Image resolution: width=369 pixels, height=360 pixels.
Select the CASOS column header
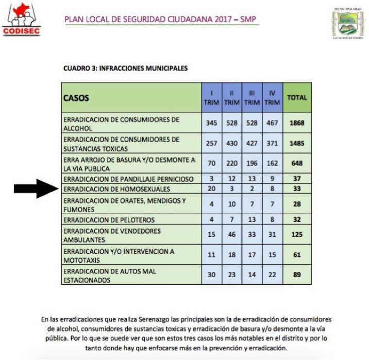pos(76,97)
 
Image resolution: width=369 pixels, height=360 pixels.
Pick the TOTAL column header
pos(297,97)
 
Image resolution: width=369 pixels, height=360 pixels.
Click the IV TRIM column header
pos(272,97)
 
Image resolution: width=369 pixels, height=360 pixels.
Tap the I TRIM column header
pos(211,97)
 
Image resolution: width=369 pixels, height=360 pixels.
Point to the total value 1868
pos(297,124)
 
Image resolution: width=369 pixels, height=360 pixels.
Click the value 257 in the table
pos(211,143)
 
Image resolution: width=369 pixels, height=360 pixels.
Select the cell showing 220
pos(232,163)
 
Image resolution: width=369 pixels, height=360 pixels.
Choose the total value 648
pos(297,163)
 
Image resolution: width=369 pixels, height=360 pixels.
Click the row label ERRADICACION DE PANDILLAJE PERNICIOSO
pos(128,179)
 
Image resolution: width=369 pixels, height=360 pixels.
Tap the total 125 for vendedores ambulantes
pos(297,235)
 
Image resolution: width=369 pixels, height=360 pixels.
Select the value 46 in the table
pos(232,235)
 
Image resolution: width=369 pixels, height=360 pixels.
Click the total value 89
pos(297,275)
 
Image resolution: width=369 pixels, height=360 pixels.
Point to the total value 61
pos(297,255)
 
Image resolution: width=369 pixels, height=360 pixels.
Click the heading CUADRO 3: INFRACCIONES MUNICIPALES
pos(125,68)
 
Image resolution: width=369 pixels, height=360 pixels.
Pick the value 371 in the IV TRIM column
pos(272,143)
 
